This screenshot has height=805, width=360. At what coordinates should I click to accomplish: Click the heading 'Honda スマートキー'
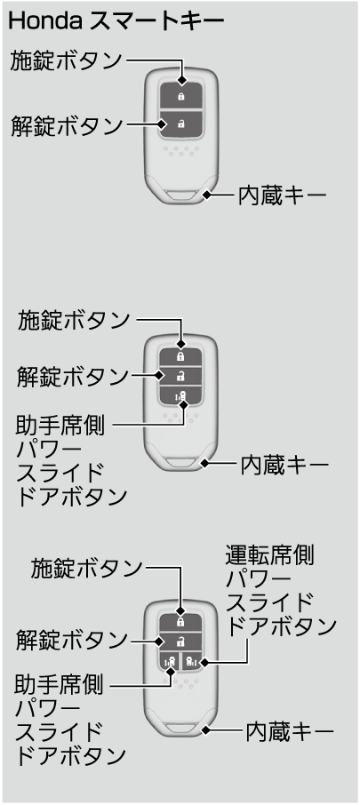tap(116, 21)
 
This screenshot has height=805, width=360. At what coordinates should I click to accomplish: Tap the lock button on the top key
tap(180, 95)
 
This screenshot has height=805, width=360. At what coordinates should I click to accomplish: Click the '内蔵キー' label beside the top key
tap(282, 195)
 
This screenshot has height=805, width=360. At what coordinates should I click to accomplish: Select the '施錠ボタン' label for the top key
tap(67, 60)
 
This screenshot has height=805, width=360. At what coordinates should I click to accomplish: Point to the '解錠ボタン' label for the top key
tap(67, 125)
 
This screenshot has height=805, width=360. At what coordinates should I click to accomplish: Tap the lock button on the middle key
tap(180, 355)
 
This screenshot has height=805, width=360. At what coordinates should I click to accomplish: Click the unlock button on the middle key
tap(180, 375)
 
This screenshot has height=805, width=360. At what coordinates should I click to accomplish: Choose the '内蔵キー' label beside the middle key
tap(284, 466)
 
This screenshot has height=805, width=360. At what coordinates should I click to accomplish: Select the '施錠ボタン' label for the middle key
tap(75, 321)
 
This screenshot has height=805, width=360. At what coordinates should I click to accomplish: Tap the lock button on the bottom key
tap(180, 622)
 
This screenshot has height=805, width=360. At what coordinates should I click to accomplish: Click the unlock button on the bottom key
tap(180, 642)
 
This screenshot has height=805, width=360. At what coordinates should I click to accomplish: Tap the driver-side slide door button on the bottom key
tap(191, 661)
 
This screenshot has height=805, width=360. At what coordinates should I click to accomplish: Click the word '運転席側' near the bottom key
tap(270, 556)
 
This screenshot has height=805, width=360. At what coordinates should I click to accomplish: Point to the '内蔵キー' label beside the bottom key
tap(290, 732)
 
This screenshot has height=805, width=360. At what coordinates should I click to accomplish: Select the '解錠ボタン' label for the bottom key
tap(71, 641)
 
